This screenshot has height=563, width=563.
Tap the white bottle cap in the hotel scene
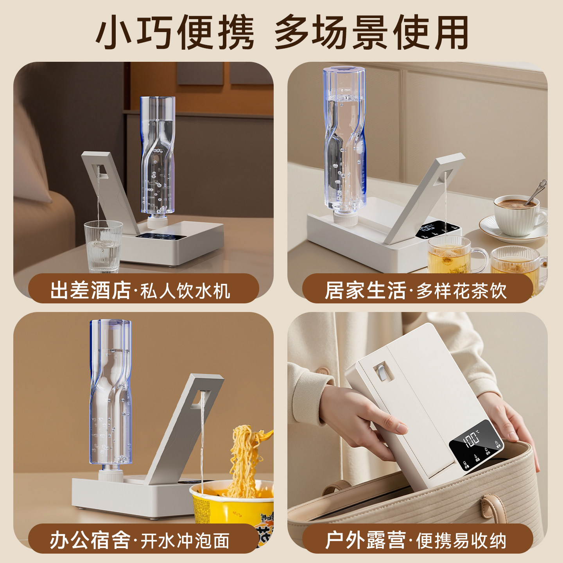[158, 222]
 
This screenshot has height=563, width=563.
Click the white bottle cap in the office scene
[111, 474]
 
